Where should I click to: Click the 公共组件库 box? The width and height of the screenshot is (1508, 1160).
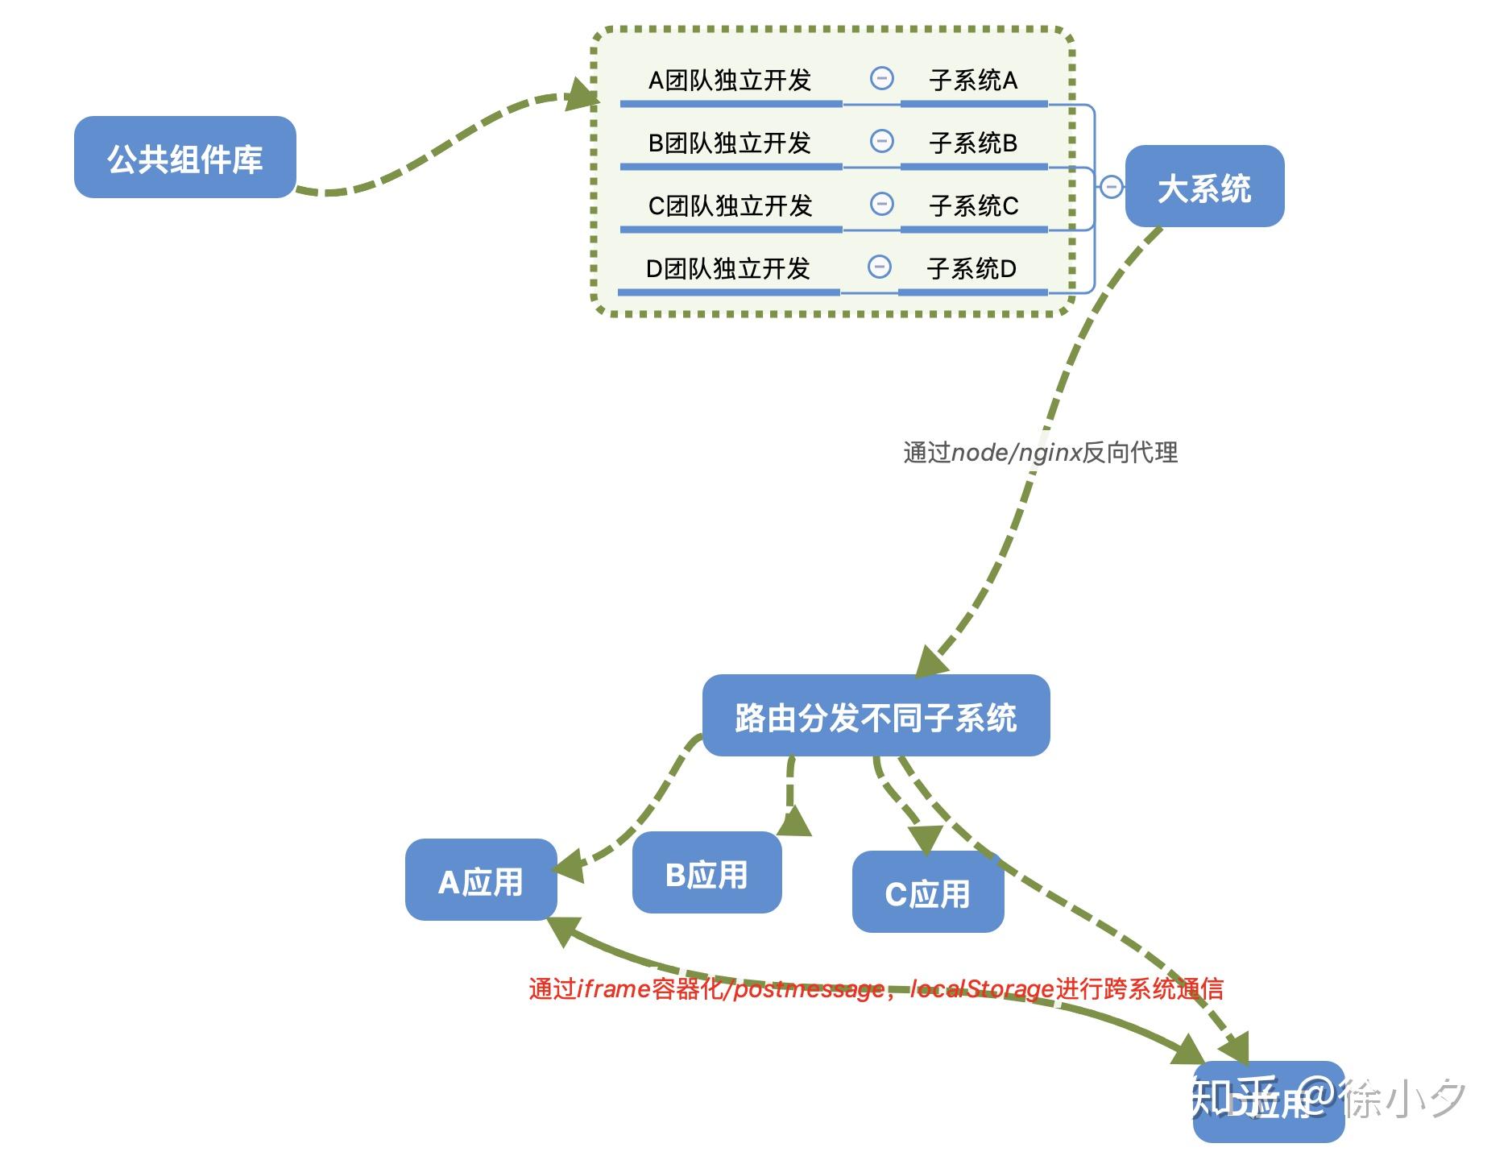(184, 158)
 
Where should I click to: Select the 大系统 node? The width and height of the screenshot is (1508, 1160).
(1203, 187)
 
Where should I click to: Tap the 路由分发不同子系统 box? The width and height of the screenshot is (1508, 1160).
(876, 716)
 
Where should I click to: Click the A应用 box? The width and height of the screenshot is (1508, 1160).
(481, 880)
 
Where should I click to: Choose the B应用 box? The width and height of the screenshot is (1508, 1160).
(706, 873)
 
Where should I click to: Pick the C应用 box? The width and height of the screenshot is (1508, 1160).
(927, 893)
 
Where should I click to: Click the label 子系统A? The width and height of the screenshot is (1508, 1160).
(973, 81)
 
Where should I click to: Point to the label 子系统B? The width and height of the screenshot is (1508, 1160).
(973, 143)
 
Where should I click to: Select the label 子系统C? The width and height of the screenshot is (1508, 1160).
(973, 206)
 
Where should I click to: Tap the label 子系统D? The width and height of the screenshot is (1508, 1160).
(971, 269)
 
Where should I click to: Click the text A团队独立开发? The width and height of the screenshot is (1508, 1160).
(730, 81)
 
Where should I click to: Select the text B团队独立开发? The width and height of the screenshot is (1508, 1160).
(730, 143)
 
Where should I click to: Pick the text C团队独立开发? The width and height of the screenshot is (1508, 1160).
(730, 206)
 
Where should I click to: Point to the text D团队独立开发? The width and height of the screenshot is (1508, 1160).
(728, 269)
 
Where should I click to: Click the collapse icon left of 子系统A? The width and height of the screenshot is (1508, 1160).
(882, 78)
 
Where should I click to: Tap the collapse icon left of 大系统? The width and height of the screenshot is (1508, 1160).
(1111, 187)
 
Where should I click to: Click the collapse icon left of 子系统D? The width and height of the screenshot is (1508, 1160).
(880, 267)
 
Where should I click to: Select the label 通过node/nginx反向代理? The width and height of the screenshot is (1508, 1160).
(1040, 453)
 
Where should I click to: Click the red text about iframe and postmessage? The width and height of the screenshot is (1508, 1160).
(876, 988)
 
